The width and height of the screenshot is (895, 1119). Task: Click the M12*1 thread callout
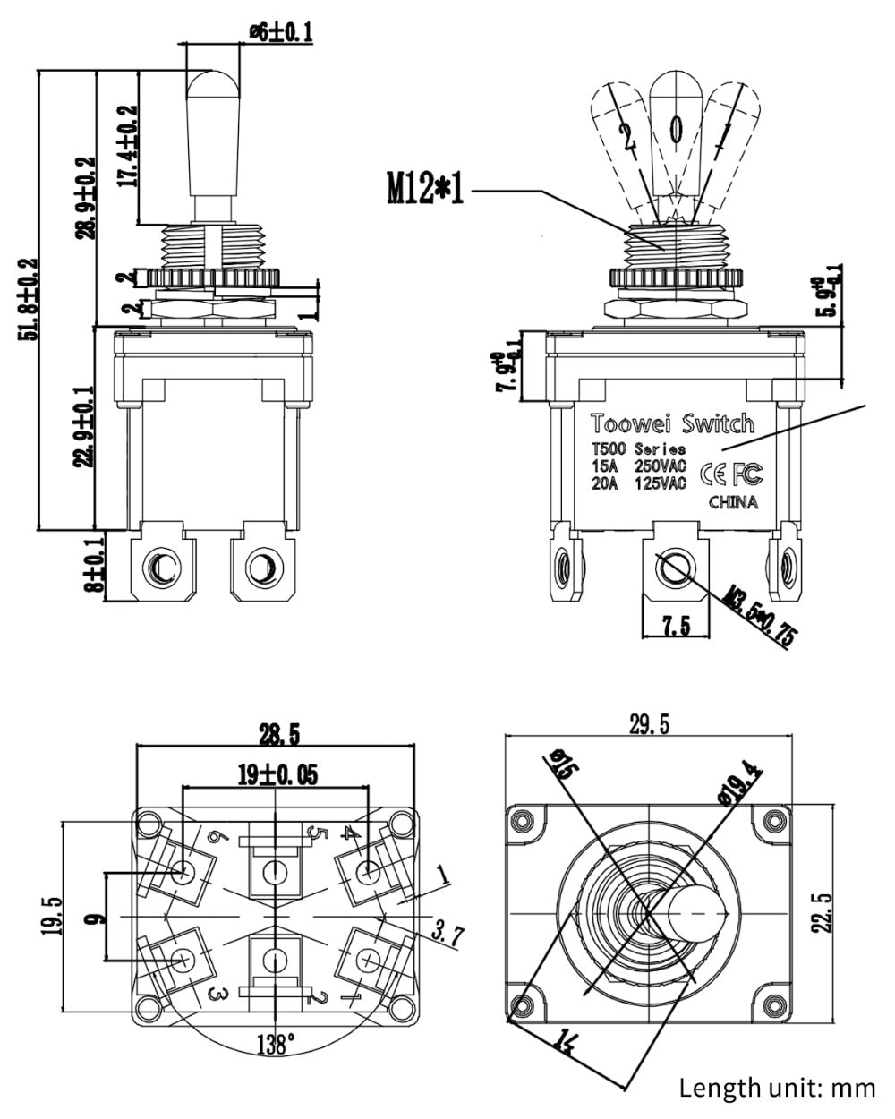(425, 189)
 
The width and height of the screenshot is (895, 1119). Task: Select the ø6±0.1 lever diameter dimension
(280, 32)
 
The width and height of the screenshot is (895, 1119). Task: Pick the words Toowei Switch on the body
(671, 423)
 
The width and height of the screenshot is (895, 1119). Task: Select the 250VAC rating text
(661, 466)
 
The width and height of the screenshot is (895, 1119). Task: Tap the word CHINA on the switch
(733, 502)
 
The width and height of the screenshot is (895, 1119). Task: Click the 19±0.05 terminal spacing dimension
(277, 774)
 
